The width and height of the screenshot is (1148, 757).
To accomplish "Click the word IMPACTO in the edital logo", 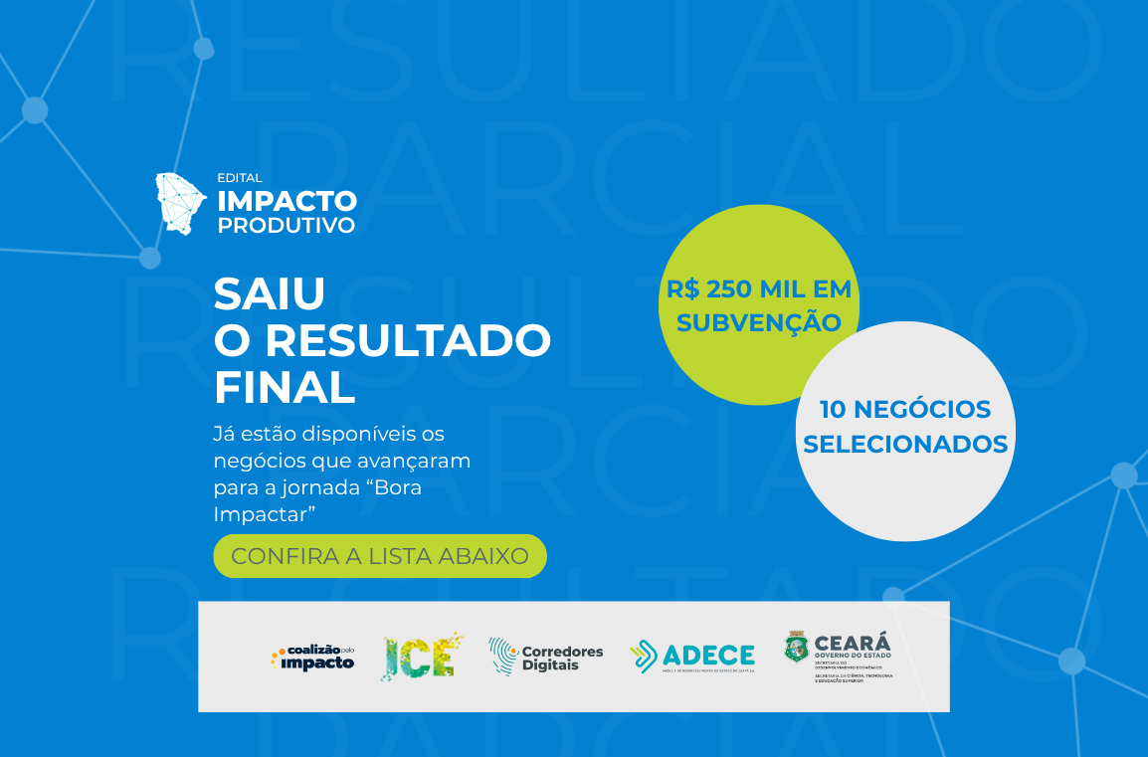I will pos(287,201).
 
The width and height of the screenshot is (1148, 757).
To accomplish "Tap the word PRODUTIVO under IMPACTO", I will pos(287,226).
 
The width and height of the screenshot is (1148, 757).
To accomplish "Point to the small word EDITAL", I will pos(240,178).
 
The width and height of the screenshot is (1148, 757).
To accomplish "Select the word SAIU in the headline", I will pos(270,293).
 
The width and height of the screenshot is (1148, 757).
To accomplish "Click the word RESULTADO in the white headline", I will pos(408,341).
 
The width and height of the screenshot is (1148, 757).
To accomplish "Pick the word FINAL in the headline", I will pos(285,388).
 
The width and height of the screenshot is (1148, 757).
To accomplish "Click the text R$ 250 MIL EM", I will pos(759,289).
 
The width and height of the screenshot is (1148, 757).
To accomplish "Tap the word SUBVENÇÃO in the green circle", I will pos(759,322).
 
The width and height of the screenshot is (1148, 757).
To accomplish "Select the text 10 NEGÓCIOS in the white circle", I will pos(905,409).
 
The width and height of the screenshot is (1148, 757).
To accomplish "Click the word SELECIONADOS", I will pos(905,443).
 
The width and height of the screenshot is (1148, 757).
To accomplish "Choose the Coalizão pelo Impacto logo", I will pos(312,657).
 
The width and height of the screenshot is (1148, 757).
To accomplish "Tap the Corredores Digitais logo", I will pos(546,657).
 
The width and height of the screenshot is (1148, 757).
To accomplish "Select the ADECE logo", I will pos(692,656).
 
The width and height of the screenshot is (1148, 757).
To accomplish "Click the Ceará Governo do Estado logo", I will pos(839,656).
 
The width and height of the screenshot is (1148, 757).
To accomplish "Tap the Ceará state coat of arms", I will pos(797,648).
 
